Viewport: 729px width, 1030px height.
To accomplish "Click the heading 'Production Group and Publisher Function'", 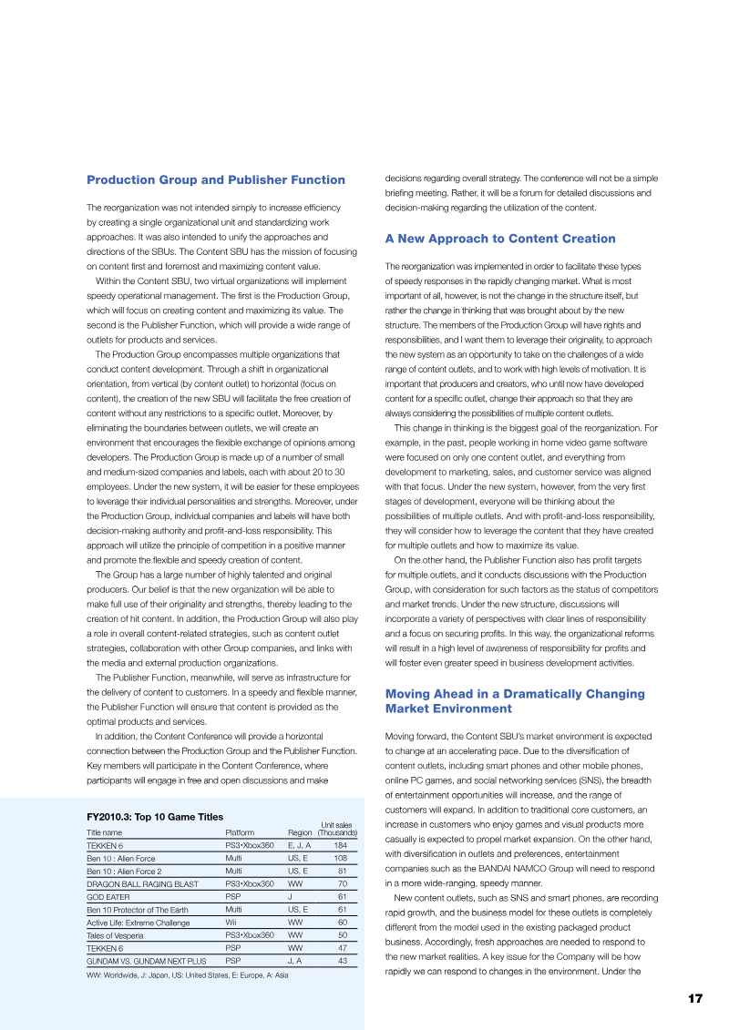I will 215,179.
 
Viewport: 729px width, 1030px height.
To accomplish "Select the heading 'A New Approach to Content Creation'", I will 499,239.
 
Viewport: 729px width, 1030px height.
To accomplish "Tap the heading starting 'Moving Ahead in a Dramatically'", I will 515,700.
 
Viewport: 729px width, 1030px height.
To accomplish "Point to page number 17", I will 695,999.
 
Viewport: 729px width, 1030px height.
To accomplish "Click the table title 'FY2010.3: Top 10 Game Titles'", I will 155,817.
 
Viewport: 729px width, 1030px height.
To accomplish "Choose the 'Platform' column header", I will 239,832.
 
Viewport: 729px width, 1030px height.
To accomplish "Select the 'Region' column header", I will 300,832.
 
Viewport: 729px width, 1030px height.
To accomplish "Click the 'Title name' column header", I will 104,832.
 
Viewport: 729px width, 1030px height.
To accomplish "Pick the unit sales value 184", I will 340,845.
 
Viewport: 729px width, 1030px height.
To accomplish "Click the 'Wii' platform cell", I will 231,922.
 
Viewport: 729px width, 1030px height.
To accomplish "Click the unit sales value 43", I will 342,960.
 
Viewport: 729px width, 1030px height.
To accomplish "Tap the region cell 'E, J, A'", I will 300,845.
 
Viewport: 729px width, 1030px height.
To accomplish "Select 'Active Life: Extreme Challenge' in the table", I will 138,922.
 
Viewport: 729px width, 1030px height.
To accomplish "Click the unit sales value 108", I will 340,858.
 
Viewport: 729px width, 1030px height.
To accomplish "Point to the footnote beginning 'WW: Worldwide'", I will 187,977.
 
